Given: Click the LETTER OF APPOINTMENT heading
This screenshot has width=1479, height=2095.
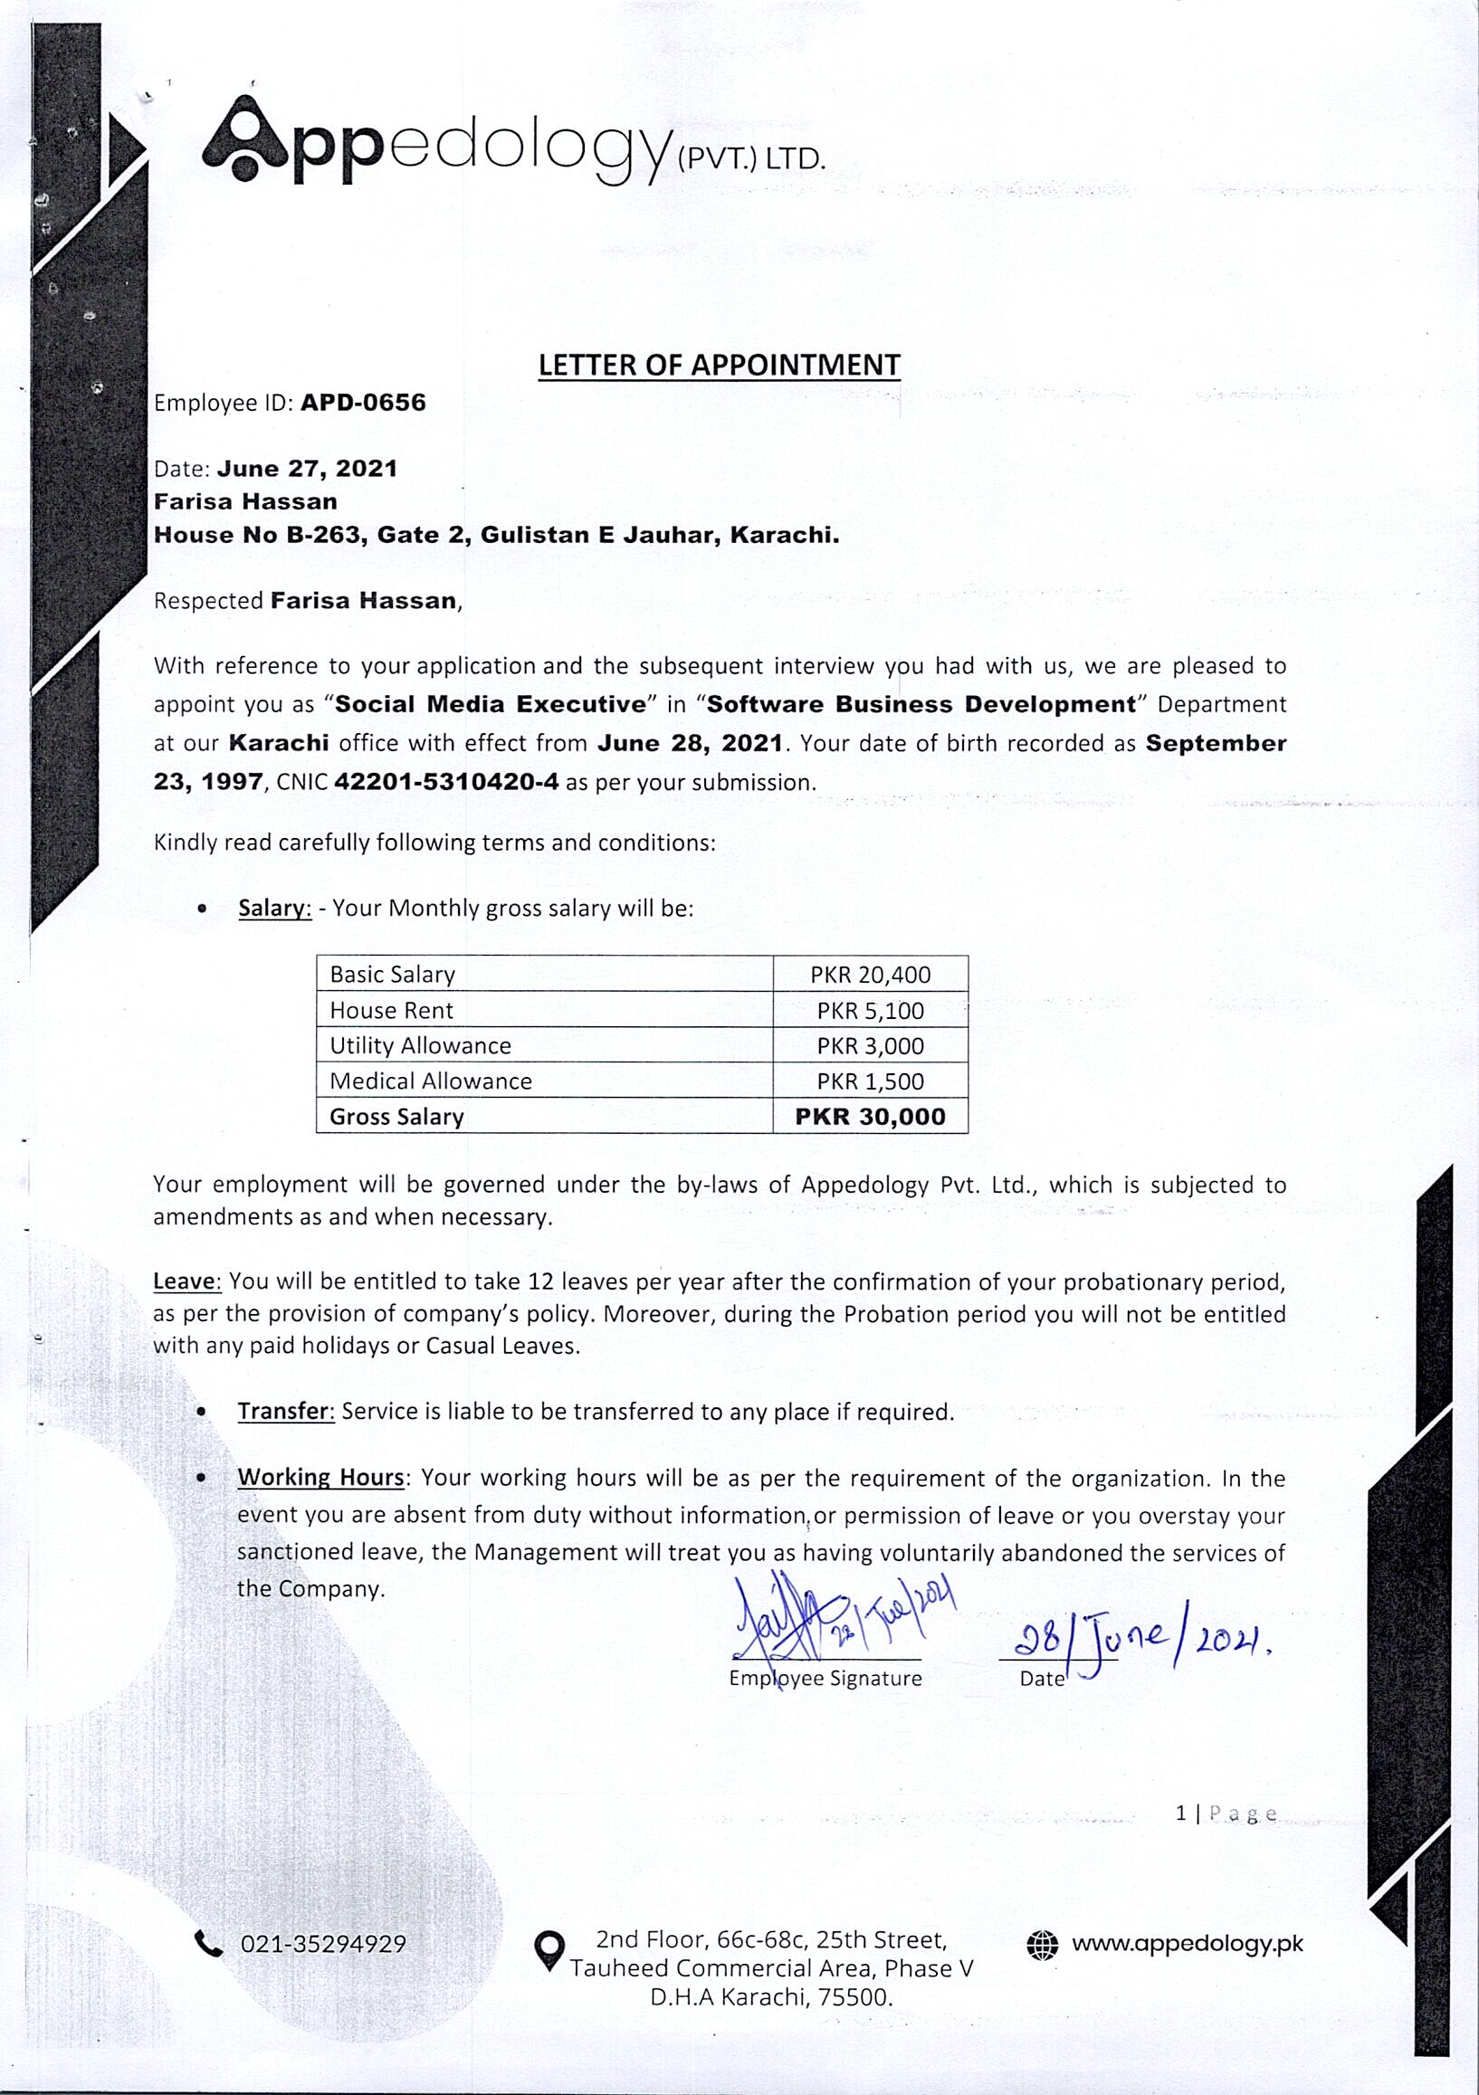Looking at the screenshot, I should (719, 365).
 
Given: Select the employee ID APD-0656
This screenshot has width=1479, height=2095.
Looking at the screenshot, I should (363, 403).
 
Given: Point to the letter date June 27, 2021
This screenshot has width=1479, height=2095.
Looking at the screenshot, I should (308, 469).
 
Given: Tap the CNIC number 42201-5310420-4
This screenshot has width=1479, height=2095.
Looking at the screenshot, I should (446, 782).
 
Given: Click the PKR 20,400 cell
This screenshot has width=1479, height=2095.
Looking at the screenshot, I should (871, 975).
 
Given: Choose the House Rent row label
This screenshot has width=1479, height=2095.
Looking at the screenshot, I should (391, 1010).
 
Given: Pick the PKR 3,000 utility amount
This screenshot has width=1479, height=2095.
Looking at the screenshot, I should (871, 1045).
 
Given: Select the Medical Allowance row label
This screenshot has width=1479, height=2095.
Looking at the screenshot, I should (431, 1081).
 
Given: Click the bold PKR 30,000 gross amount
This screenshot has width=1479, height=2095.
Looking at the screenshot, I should (871, 1117).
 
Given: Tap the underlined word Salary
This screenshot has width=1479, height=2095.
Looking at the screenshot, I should (274, 908).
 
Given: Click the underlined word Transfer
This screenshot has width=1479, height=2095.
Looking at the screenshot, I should (287, 1411).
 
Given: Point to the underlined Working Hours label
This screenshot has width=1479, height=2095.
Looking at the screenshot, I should (321, 1477).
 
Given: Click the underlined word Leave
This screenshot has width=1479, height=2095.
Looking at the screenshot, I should (187, 1281).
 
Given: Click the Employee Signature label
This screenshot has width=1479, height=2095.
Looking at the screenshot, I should (825, 1678).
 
